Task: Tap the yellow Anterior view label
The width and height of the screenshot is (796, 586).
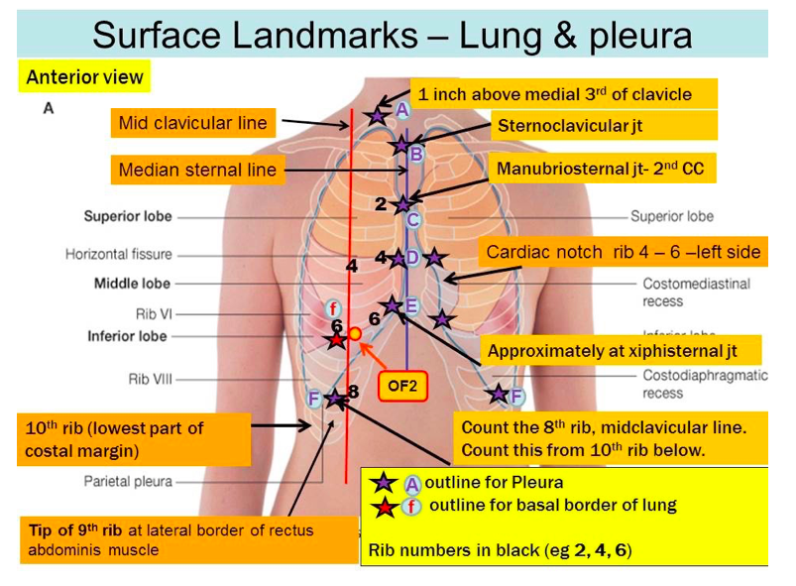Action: click(x=84, y=77)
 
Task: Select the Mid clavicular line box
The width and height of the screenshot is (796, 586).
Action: click(x=193, y=123)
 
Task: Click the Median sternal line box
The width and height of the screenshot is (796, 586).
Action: click(x=197, y=170)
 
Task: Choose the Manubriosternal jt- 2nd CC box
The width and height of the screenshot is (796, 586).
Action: click(x=602, y=169)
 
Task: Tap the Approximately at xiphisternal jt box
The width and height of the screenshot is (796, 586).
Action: click(x=621, y=351)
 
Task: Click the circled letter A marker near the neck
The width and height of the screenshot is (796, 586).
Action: click(x=401, y=110)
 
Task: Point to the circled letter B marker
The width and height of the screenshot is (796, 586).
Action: click(x=416, y=155)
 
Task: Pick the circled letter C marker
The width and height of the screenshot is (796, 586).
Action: click(x=413, y=220)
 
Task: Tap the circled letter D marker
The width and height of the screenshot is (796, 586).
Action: click(x=412, y=258)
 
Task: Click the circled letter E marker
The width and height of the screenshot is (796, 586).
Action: click(x=411, y=305)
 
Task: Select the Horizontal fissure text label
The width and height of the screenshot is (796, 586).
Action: click(x=119, y=255)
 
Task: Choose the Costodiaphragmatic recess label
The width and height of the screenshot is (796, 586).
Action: click(x=705, y=384)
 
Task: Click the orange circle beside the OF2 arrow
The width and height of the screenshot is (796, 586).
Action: click(x=355, y=334)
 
